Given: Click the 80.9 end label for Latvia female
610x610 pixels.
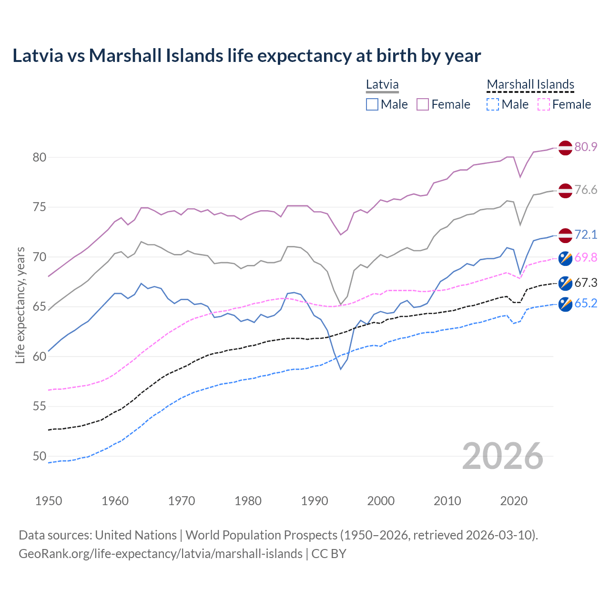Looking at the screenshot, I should click(586, 147).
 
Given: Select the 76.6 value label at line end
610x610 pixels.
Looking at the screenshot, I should click(586, 190).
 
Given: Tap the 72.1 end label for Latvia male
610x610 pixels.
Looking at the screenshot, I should click(586, 234).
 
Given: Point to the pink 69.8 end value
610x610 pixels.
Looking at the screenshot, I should click(586, 258).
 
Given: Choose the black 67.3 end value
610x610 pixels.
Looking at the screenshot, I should click(586, 283).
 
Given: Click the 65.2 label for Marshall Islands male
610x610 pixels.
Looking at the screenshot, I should click(586, 304).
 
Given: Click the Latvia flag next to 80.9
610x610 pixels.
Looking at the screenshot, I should click(565, 148).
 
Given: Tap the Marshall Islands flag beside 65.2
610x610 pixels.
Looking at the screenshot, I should click(565, 304).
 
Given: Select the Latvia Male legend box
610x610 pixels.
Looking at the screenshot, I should click(372, 104).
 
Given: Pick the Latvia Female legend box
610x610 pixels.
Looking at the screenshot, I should click(423, 104).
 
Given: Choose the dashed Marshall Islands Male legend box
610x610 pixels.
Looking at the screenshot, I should click(493, 104).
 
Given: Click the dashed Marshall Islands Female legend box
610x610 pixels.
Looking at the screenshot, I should click(544, 104).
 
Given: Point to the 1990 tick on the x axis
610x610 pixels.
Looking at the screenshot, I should click(315, 501).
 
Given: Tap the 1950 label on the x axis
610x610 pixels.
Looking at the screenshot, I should click(49, 501).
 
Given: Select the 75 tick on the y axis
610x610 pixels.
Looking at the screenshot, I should click(40, 207).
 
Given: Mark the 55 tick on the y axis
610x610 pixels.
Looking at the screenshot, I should click(40, 407).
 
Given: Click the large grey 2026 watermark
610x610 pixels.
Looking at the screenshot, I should click(503, 457).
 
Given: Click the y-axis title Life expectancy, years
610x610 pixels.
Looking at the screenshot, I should click(20, 305).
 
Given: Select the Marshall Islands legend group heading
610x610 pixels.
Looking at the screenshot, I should click(530, 84).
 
